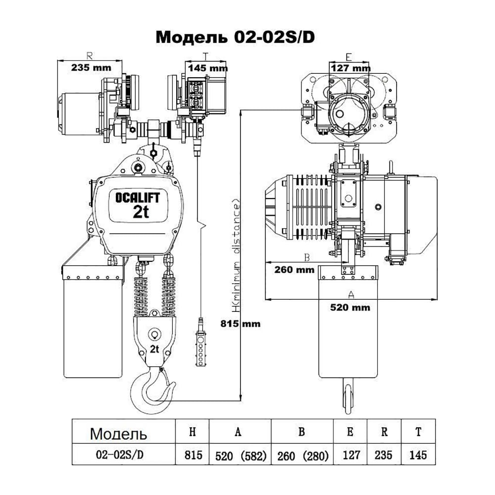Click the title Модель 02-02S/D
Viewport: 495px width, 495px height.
coord(235,37)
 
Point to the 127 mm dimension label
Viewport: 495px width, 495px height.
coord(350,67)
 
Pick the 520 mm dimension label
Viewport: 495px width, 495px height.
coord(350,307)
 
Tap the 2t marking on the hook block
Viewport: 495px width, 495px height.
coord(154,349)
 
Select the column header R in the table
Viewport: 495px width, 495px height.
coord(384,432)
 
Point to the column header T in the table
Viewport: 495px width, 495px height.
coord(418,432)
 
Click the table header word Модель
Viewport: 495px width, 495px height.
coord(118,434)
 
